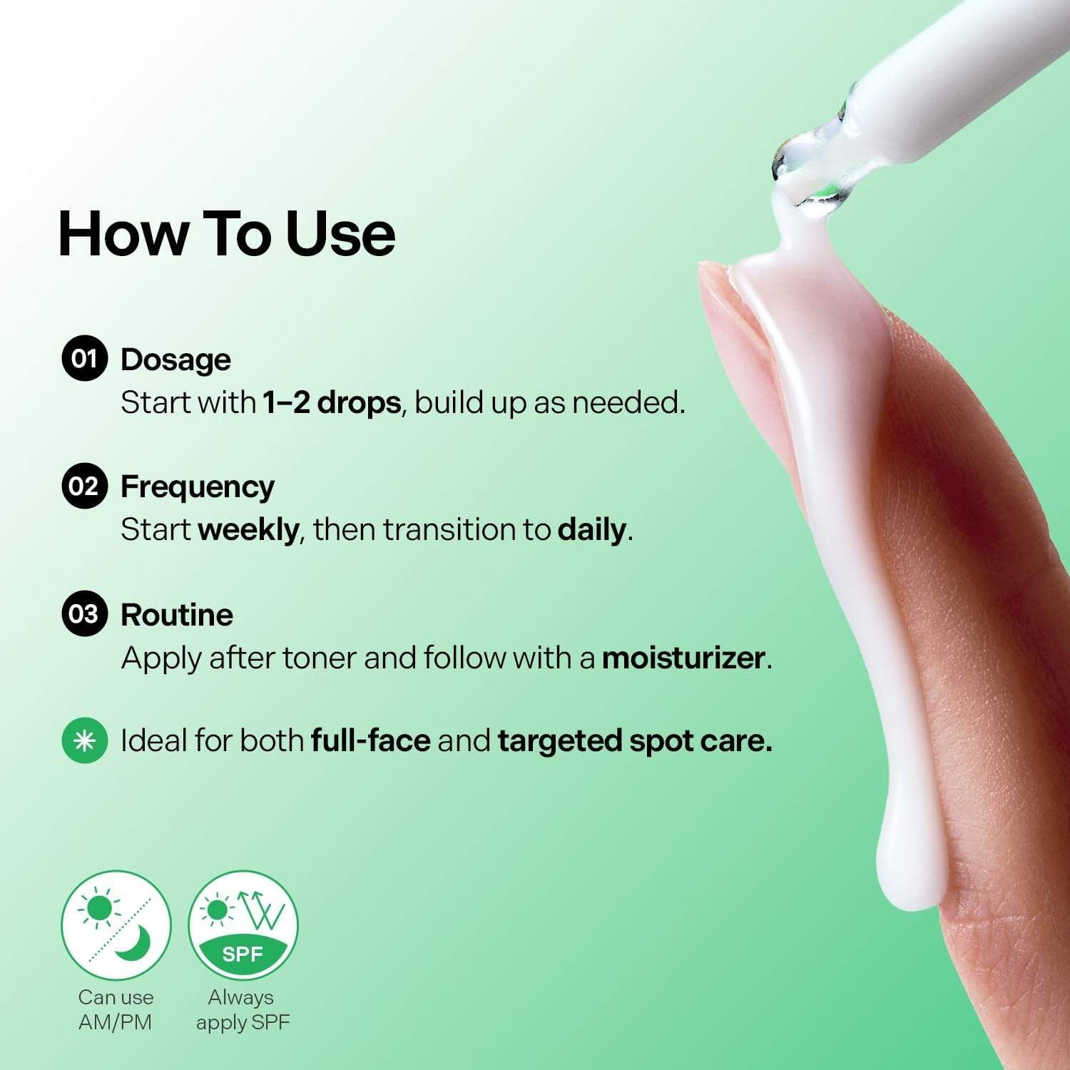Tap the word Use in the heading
[340, 233]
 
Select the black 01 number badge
[84, 358]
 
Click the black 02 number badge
[84, 486]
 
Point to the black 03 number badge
[84, 613]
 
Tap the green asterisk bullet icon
[84, 740]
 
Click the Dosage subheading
[175, 360]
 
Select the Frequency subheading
[198, 488]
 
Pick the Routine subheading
[177, 615]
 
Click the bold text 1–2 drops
[332, 403]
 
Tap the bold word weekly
[248, 531]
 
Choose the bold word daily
[592, 531]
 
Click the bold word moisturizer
[683, 658]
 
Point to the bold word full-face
[371, 741]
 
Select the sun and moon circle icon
[116, 925]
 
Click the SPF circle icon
[243, 925]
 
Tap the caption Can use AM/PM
[116, 1009]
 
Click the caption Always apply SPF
[243, 1009]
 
